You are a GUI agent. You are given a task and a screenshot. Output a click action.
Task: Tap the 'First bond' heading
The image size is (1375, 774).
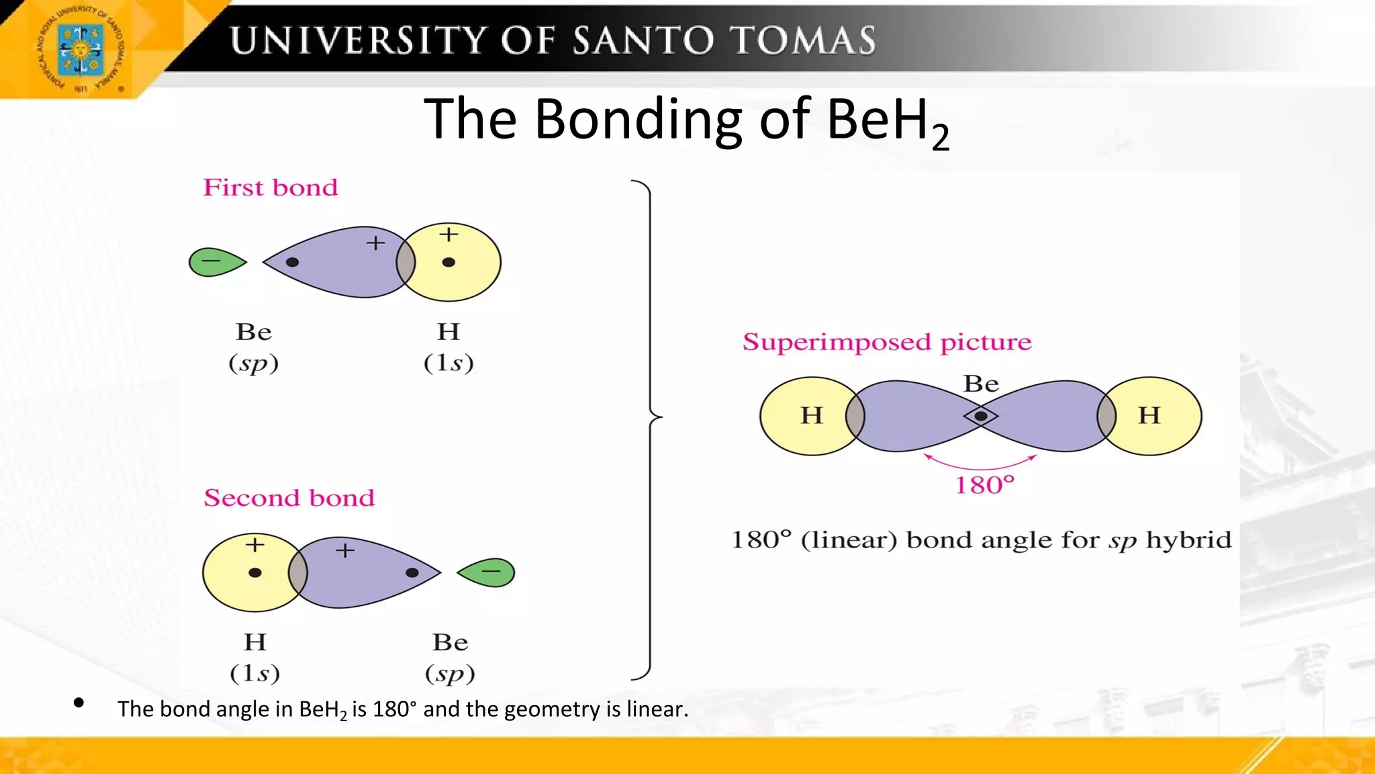click(x=271, y=187)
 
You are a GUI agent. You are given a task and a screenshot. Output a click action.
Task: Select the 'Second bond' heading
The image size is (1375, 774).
click(x=289, y=498)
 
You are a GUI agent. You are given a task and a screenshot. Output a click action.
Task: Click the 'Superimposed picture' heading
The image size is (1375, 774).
click(x=887, y=342)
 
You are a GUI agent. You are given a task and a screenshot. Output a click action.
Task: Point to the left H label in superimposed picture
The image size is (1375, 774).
click(x=812, y=415)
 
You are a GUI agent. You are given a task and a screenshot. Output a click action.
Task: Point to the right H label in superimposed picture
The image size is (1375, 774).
click(x=1149, y=415)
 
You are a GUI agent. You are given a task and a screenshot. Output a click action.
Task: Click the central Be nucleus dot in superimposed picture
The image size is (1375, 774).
click(x=981, y=417)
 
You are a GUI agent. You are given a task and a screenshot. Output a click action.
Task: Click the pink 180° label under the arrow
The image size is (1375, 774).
click(x=984, y=485)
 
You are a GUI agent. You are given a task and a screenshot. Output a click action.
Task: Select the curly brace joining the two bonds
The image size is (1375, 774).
click(x=650, y=430)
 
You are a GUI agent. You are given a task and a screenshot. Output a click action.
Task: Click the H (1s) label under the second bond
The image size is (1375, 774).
click(x=255, y=657)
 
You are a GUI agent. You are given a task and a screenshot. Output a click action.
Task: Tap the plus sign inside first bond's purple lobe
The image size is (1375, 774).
click(x=375, y=243)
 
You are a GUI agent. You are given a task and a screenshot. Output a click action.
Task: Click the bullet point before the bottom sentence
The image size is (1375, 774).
click(x=79, y=703)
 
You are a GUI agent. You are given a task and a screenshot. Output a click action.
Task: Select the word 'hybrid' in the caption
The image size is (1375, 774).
click(x=1188, y=540)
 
